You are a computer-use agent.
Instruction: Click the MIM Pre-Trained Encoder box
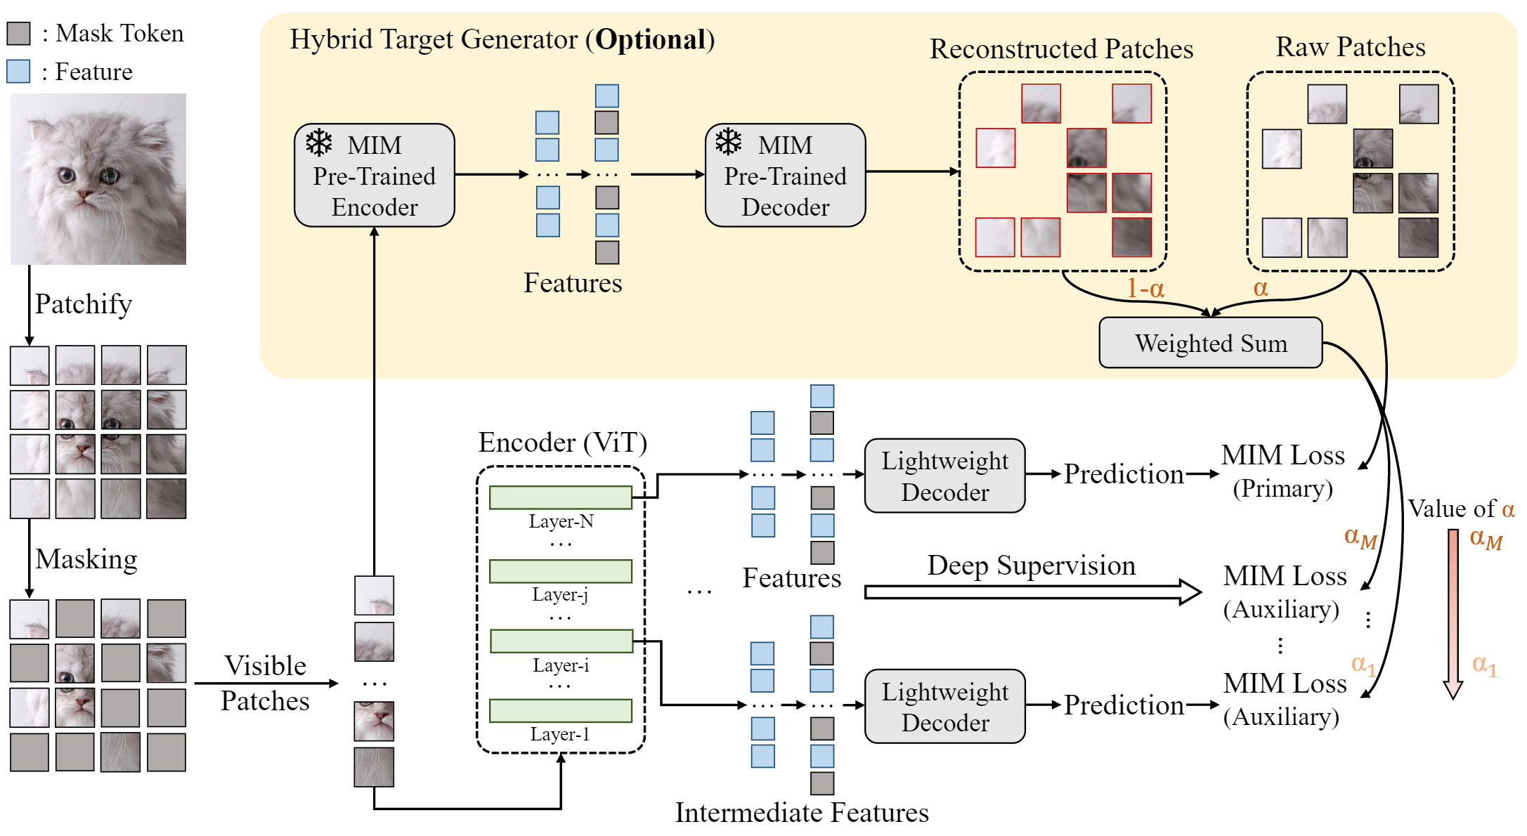[374, 176]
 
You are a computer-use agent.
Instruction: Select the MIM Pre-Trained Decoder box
[785, 176]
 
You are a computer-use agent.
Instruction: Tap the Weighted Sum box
[1210, 343]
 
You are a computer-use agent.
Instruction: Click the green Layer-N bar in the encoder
[560, 497]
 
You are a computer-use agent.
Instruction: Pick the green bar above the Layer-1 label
[560, 711]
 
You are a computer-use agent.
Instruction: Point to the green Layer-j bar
[560, 571]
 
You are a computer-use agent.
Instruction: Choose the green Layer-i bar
[560, 641]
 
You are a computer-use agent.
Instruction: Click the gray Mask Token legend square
[18, 33]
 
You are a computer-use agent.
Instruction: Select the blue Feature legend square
[18, 72]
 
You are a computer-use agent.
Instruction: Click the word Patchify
[84, 304]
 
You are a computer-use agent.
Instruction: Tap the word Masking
[86, 559]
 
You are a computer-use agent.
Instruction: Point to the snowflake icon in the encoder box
[319, 143]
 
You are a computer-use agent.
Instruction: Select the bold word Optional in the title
[651, 40]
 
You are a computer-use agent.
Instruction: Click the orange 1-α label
[1145, 288]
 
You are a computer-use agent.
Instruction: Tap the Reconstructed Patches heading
[1061, 49]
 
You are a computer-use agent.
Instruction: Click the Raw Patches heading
[1350, 47]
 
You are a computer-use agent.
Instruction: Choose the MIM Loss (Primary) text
[1282, 471]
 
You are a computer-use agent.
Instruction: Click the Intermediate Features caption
[802, 813]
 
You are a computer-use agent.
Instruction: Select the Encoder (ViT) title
[562, 443]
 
